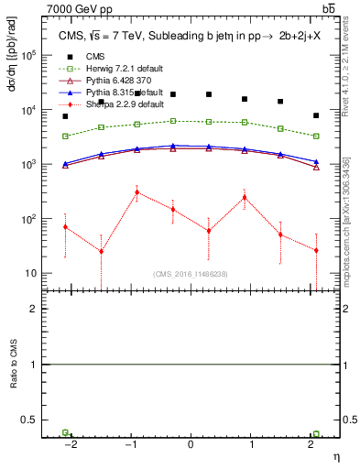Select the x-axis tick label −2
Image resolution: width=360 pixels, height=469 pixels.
point(69,443)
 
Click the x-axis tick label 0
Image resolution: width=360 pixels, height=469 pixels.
point(191,443)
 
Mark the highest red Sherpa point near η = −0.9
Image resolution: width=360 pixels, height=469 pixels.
point(136,192)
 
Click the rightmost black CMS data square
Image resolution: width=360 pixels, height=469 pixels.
point(316,115)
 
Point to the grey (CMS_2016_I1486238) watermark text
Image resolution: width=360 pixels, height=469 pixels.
point(191,274)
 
